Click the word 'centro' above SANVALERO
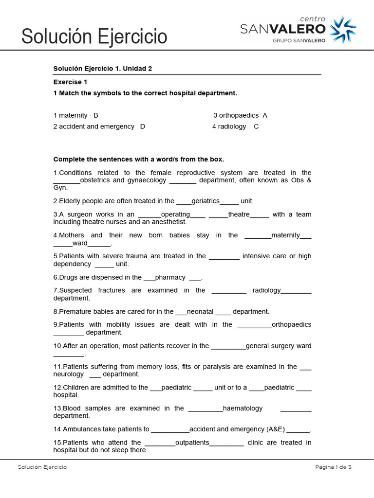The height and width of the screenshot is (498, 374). pos(311,18)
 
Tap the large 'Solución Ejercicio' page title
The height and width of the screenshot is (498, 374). pos(94,36)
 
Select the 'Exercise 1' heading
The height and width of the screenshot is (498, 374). pos(70,82)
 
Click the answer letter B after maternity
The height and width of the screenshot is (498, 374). pos(96,115)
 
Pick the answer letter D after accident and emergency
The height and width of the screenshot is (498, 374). pos(143,126)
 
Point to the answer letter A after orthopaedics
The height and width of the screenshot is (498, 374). pos(265,115)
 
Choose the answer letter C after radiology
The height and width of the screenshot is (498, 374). pos(256,126)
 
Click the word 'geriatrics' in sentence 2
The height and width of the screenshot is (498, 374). pos(206,201)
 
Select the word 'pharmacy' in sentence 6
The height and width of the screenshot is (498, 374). pos(170,277)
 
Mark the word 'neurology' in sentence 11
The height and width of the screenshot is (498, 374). pos(68,374)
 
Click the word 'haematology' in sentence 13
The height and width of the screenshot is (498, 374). pos(243,409)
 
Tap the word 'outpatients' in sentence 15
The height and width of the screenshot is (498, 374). pos(192,443)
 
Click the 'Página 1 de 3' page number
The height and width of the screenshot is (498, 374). pos(333,467)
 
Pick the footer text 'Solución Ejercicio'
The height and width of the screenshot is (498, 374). pos(42,467)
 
